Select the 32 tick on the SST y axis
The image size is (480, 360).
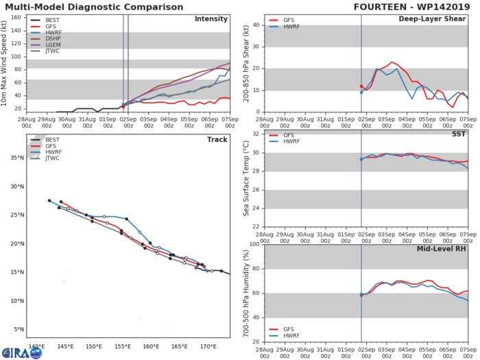click(256, 134)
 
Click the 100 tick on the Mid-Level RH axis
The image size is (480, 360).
click(254, 244)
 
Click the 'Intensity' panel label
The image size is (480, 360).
click(211, 19)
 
